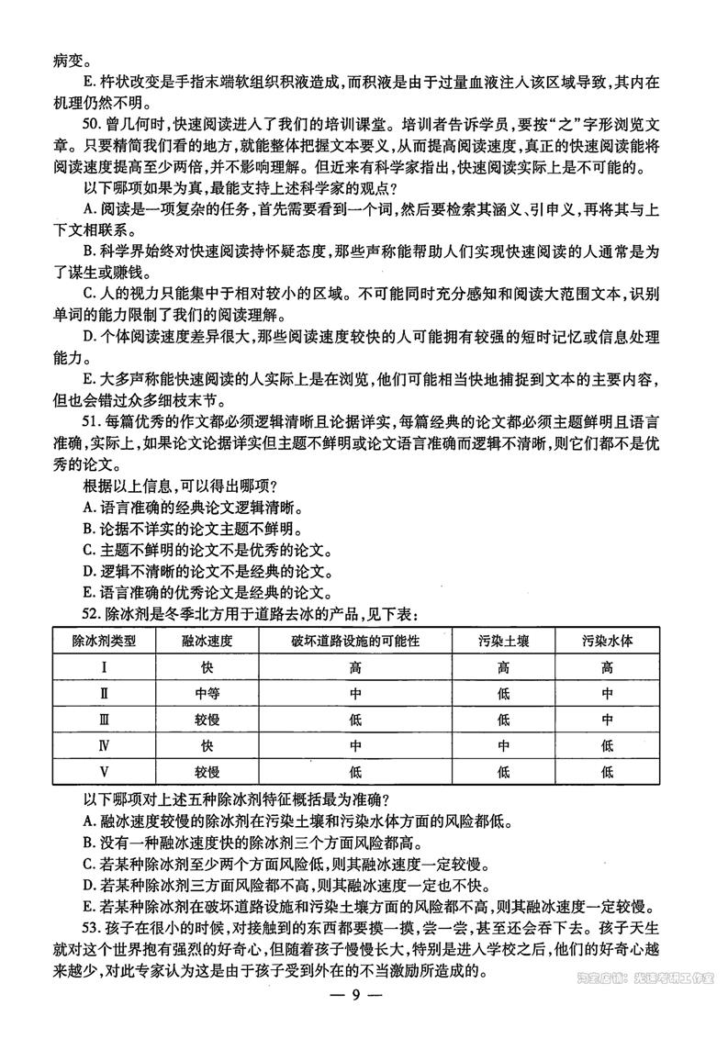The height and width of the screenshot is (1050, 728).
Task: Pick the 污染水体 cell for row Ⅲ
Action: point(607,720)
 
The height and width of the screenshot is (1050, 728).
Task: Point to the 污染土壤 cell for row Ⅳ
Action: point(502,746)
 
